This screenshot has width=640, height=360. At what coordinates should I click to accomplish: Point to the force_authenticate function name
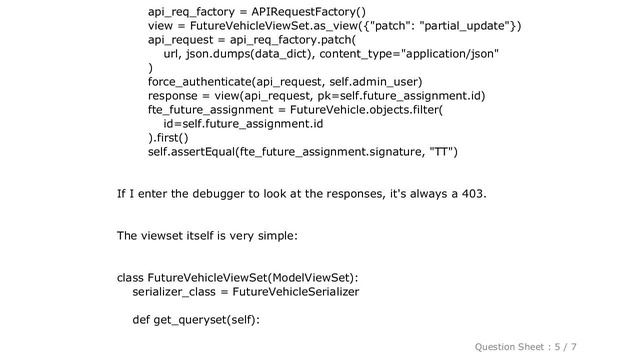coord(202,81)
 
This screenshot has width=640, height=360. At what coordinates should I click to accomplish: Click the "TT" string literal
coord(440,152)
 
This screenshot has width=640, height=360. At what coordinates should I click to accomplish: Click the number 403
coord(473,193)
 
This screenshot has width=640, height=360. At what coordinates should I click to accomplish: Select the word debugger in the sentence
coord(231,193)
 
